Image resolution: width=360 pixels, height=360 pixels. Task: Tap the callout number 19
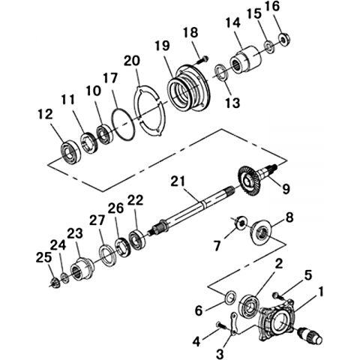[162, 46]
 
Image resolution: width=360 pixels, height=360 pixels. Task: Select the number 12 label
[46, 115]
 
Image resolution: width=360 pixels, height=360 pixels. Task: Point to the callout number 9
[286, 189]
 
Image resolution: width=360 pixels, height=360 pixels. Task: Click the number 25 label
[43, 257]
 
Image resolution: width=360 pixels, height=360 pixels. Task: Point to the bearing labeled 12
[70, 152]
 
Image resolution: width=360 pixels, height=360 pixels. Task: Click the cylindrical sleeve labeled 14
[246, 61]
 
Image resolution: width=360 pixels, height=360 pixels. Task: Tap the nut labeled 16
[284, 39]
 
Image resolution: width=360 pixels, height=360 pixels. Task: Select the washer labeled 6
[230, 297]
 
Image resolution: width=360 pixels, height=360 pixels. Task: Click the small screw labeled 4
[220, 325]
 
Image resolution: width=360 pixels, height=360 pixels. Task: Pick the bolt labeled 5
[277, 295]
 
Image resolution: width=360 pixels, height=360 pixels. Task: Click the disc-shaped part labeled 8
[262, 232]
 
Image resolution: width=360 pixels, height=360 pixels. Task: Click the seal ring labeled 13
[222, 73]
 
